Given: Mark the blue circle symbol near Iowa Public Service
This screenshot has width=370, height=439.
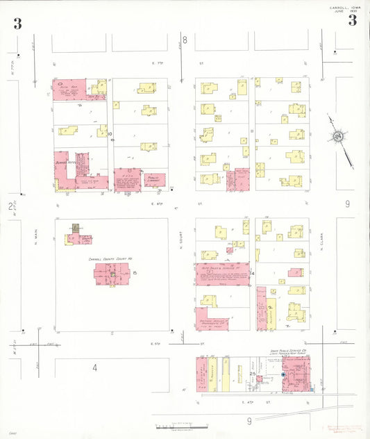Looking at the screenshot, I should coord(283,375).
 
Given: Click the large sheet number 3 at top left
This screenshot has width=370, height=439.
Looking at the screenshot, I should coord(17,24).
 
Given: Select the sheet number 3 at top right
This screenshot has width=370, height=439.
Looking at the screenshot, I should coord(352,20).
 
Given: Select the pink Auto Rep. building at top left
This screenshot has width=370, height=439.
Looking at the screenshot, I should coord(69,88).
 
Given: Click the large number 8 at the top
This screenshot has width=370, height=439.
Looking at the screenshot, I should coord(185,40).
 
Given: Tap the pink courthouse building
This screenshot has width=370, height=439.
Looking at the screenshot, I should coord(111,274).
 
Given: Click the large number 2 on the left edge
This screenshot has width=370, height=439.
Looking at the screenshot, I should coord(10,206).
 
